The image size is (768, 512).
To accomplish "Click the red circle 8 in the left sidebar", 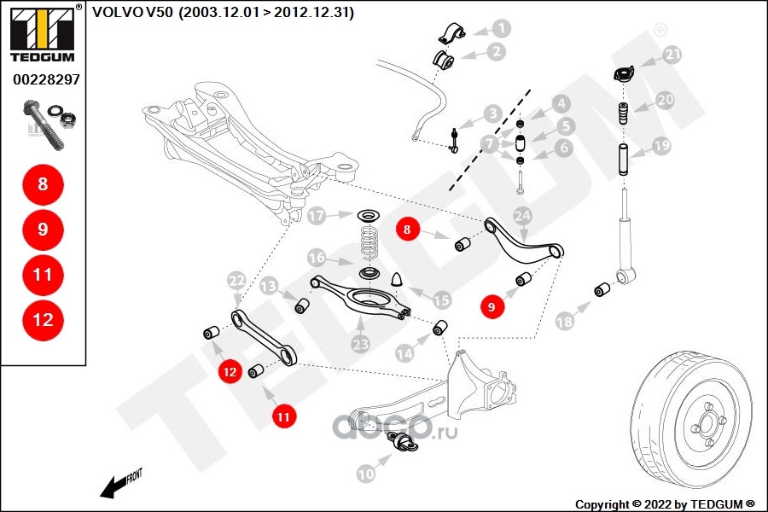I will tap(43, 183).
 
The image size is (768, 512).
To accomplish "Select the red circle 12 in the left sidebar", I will tap(43, 320).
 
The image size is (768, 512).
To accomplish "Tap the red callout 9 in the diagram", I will tap(492, 305).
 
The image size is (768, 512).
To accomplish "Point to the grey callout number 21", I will tap(673, 55).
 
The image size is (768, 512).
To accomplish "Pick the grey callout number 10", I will tap(365, 472).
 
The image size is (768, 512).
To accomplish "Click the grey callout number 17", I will tap(317, 216).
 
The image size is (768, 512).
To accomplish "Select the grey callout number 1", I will tap(502, 28).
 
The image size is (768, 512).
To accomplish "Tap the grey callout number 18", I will tap(564, 322).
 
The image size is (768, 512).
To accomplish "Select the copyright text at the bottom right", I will tap(665, 503).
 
